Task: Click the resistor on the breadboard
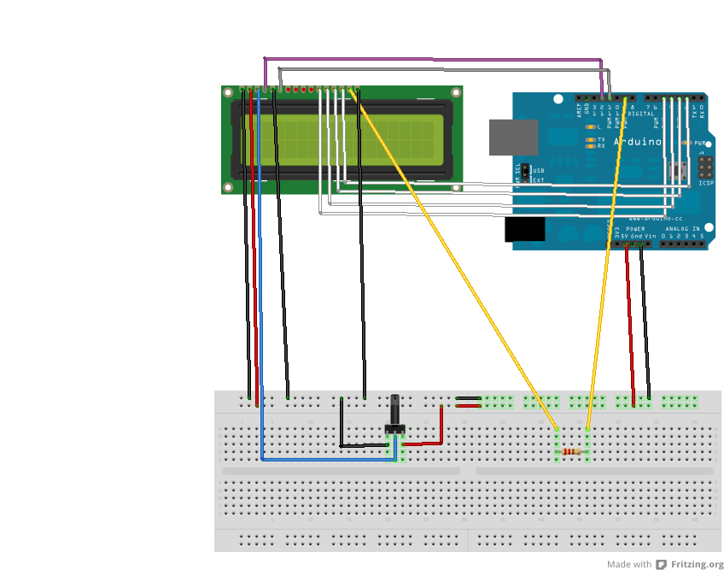coord(573,451)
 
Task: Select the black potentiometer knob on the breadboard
coord(394,411)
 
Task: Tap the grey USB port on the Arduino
coord(513,137)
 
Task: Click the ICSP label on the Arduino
coord(705,182)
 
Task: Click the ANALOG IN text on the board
coord(683,229)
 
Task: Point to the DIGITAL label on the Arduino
coord(640,114)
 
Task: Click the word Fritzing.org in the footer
coord(697,564)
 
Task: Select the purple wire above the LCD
coord(427,59)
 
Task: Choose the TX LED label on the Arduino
coord(601,138)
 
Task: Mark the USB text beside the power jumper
coord(539,170)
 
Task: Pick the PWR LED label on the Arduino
coord(700,143)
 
